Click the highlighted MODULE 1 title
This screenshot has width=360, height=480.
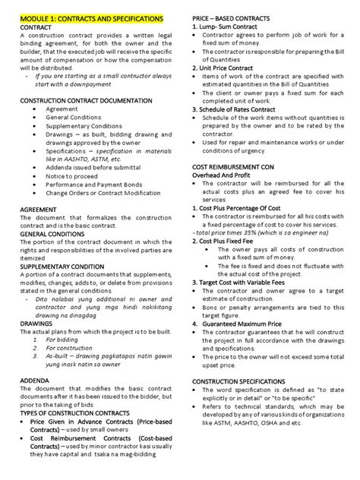[91, 16]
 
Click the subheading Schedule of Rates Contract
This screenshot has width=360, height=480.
[248, 109]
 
